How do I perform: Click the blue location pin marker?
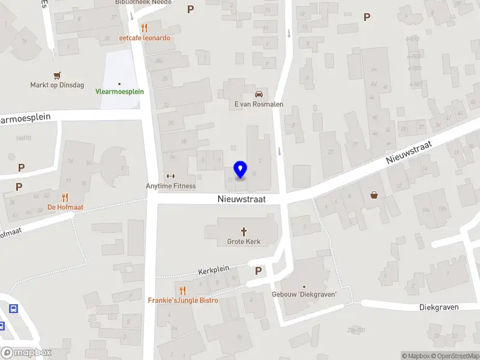click(x=241, y=170)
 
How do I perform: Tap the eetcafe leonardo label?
click(x=145, y=38)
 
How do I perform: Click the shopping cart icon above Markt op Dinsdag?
click(x=57, y=76)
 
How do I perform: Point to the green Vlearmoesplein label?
click(x=119, y=92)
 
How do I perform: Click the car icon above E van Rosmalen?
click(x=259, y=94)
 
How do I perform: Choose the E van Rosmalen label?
click(x=259, y=104)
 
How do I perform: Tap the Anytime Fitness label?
click(x=171, y=186)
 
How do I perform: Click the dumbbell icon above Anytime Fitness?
click(x=170, y=176)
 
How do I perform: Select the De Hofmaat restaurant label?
click(x=65, y=208)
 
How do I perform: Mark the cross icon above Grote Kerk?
click(x=244, y=231)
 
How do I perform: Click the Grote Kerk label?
click(x=244, y=242)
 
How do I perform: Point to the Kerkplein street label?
click(x=214, y=271)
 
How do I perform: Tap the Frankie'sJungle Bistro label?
click(x=183, y=300)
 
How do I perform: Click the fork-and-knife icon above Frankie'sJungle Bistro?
click(x=183, y=290)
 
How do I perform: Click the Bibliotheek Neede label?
click(x=143, y=2)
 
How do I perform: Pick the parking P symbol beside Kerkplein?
click(x=258, y=271)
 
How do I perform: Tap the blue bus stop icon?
click(x=13, y=309)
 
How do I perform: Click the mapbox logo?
click(x=26, y=353)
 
